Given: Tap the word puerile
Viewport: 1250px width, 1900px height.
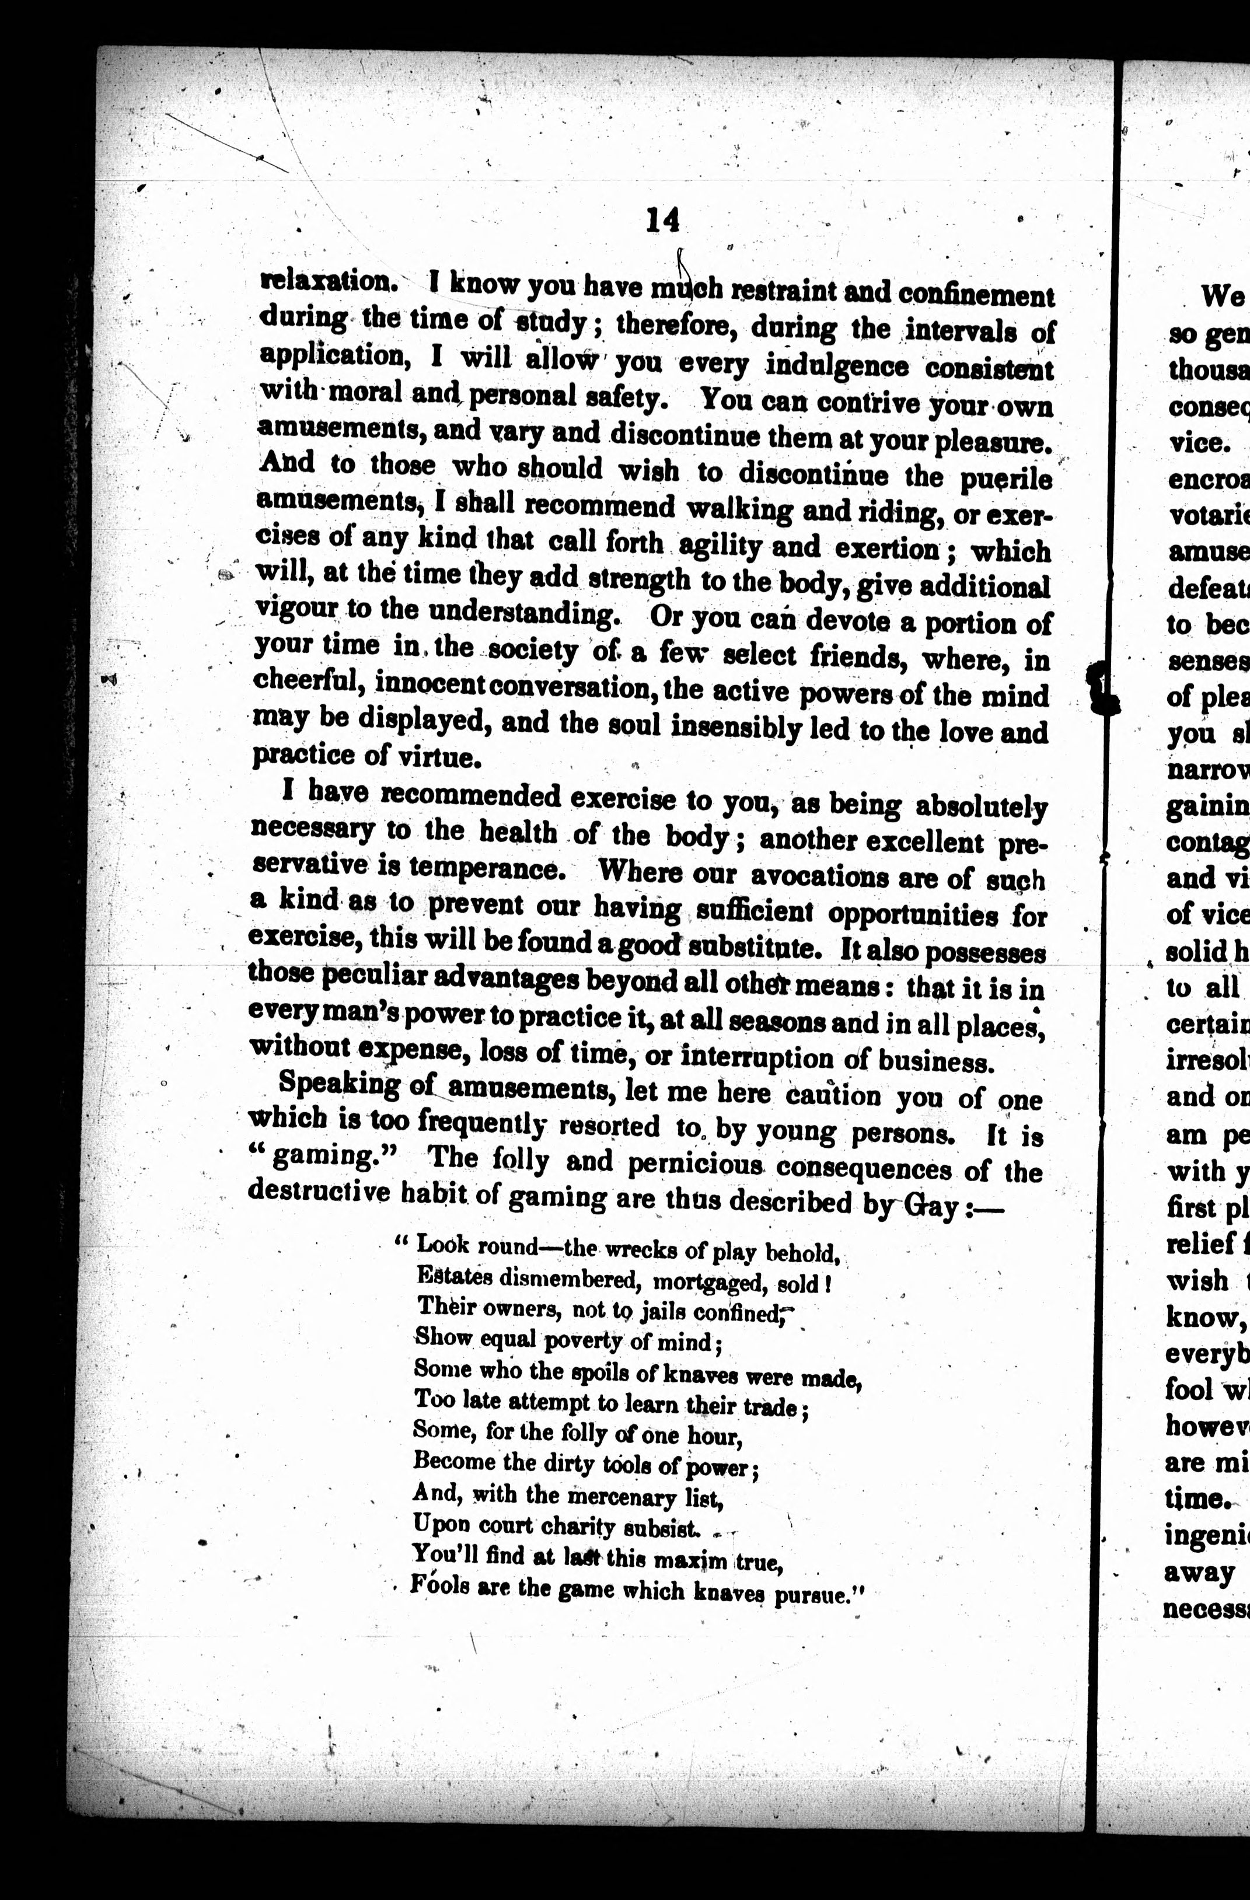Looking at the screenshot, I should [x=1005, y=480].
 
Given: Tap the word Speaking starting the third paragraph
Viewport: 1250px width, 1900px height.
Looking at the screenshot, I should [x=339, y=1084].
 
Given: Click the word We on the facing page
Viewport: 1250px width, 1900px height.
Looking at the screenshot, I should [x=1222, y=297].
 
